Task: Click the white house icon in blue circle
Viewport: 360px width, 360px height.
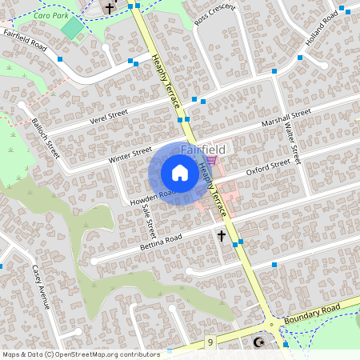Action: (180, 173)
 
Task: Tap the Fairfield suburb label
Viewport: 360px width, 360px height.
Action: (202, 149)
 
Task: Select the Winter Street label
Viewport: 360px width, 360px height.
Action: (130, 154)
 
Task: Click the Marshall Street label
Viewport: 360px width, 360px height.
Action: (286, 121)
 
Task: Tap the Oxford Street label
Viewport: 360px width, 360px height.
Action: (267, 168)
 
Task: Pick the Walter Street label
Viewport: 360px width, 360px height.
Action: (292, 144)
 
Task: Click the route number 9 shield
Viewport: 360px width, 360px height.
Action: (210, 342)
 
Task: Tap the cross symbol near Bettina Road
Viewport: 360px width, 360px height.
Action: (222, 236)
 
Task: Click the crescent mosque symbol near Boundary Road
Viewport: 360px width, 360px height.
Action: (258, 342)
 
